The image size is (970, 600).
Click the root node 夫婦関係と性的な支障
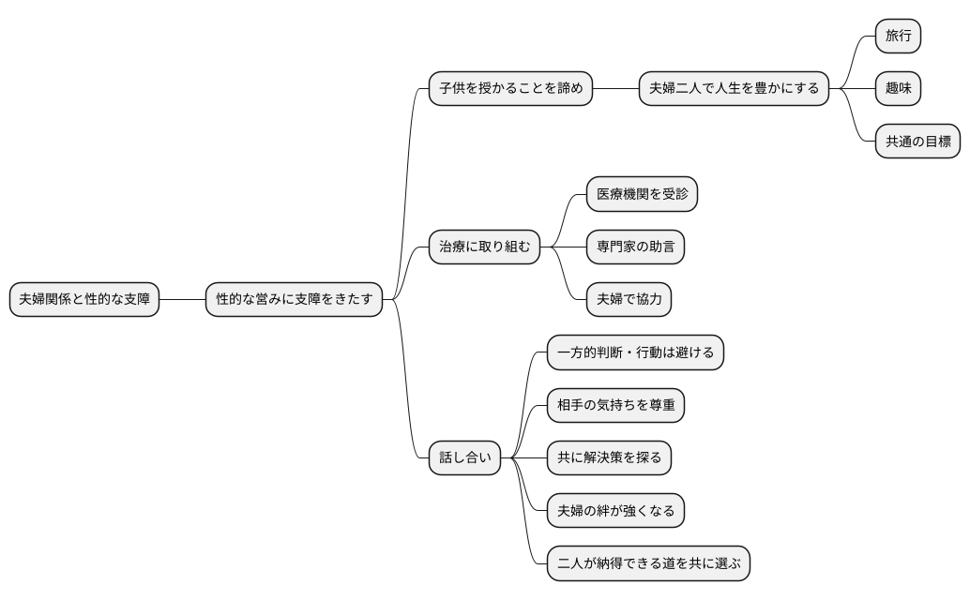click(x=84, y=300)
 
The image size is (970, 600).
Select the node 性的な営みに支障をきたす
click(x=295, y=300)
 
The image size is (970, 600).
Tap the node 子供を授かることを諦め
click(x=510, y=89)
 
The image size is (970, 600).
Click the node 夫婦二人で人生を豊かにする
click(x=734, y=89)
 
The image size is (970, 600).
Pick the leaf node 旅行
click(x=898, y=37)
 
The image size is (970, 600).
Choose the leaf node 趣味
click(x=898, y=89)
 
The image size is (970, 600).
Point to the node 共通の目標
click(x=917, y=142)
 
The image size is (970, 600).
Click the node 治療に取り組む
click(x=484, y=247)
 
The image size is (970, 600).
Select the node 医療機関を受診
click(x=642, y=195)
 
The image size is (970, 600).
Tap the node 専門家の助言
click(x=635, y=247)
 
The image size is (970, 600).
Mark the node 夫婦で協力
click(x=629, y=300)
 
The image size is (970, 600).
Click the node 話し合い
click(x=464, y=458)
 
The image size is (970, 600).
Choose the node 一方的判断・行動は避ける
click(x=635, y=353)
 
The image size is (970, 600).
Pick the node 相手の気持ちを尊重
click(x=615, y=406)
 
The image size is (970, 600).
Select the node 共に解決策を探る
click(x=609, y=458)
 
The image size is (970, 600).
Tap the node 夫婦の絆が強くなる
click(x=615, y=511)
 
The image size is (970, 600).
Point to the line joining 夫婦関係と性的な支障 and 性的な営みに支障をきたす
click(x=182, y=300)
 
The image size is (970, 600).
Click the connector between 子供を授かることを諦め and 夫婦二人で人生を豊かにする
click(x=615, y=89)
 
